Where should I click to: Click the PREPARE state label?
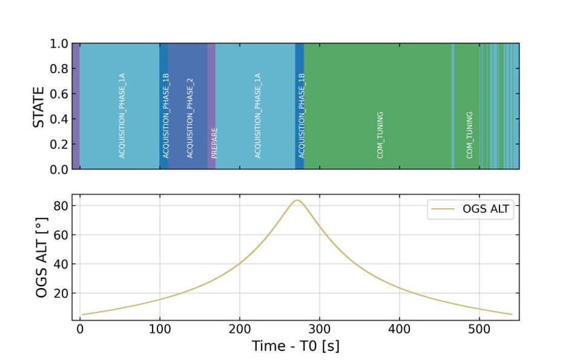point(214,143)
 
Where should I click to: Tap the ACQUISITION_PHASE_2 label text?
point(190,118)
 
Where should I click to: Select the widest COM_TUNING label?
point(380,135)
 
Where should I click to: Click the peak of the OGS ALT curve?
point(297,200)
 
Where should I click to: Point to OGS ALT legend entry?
point(470,209)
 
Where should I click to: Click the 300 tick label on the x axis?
point(320,329)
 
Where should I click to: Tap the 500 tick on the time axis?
point(479,329)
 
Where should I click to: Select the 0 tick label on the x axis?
point(80,329)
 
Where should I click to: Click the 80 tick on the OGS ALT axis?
point(61,206)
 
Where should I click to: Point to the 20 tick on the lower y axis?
point(61,293)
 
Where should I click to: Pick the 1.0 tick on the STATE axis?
point(59,44)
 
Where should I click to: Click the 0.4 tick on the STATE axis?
point(59,119)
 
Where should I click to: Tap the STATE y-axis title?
point(39,107)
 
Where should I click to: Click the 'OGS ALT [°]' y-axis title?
point(42,257)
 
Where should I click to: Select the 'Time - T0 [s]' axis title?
point(295,346)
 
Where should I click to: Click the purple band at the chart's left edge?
point(76,106)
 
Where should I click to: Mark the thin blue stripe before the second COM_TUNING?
point(453,106)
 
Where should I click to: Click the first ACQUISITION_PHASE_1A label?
point(122,116)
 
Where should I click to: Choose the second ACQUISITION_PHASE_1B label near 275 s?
point(302,116)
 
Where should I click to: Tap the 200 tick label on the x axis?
point(240,329)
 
